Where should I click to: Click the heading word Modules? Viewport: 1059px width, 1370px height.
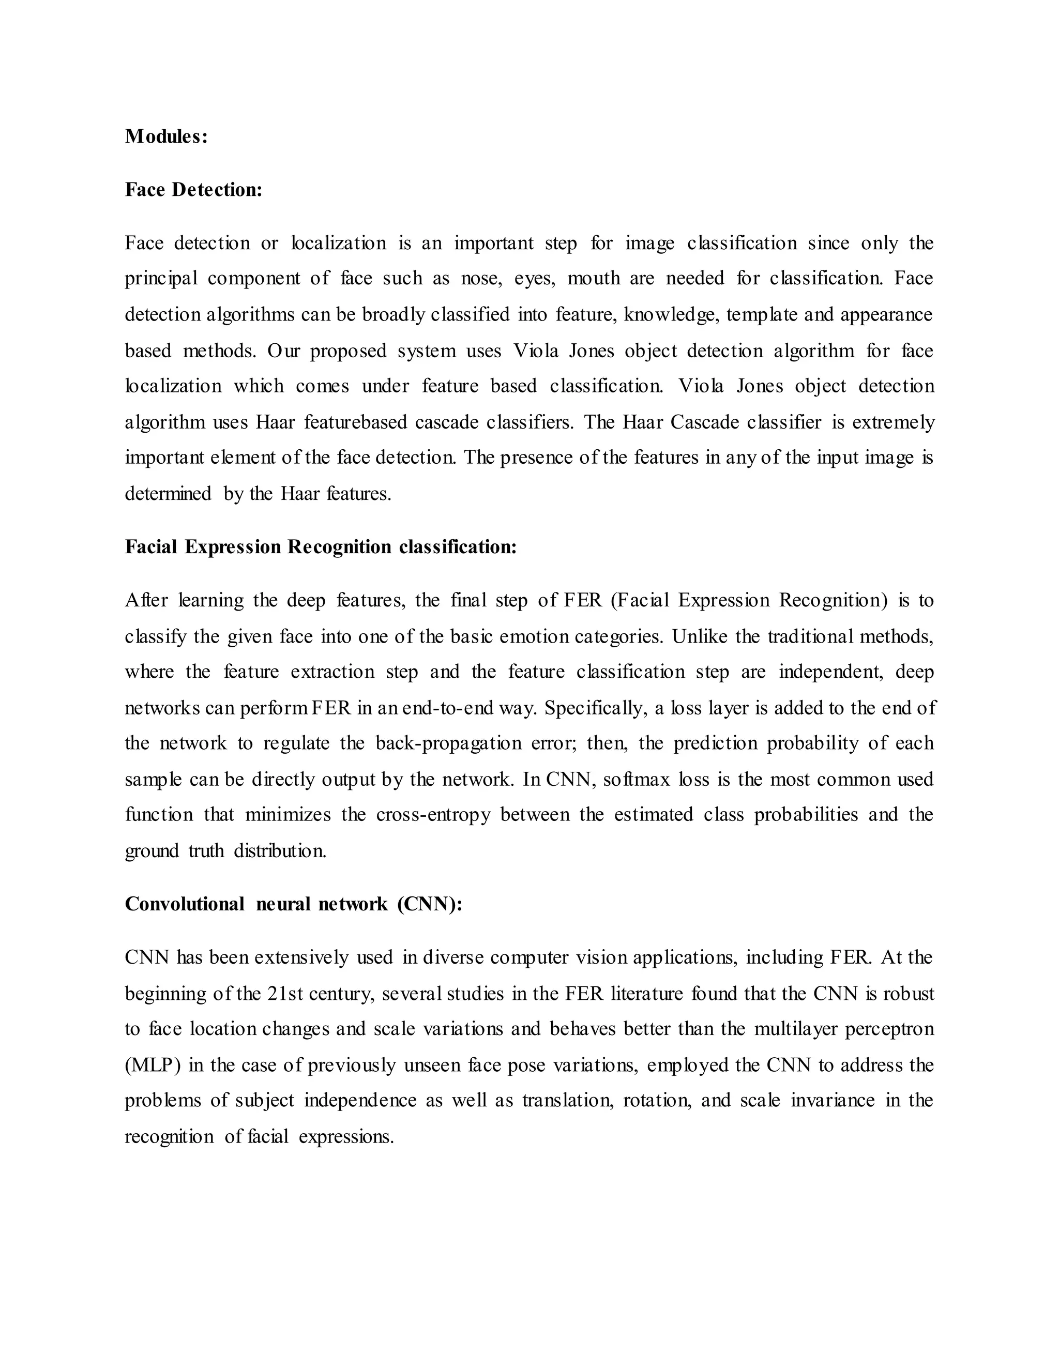165,136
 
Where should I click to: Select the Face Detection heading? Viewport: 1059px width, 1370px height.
193,189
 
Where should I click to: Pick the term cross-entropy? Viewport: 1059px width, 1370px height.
433,815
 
